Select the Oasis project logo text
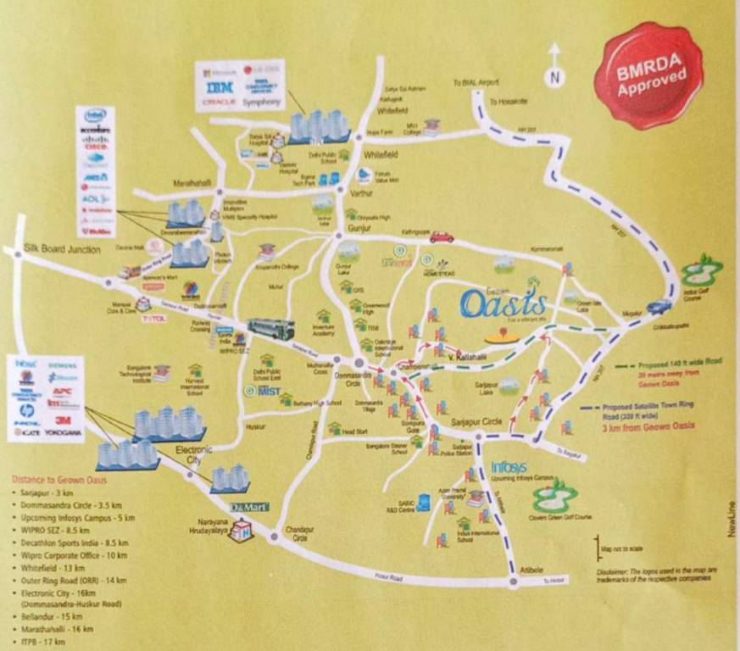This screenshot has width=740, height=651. pos(504,303)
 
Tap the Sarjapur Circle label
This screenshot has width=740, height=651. pos(480,422)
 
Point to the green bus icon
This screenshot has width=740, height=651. pos(270,330)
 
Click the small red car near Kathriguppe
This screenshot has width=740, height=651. pos(441,238)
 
